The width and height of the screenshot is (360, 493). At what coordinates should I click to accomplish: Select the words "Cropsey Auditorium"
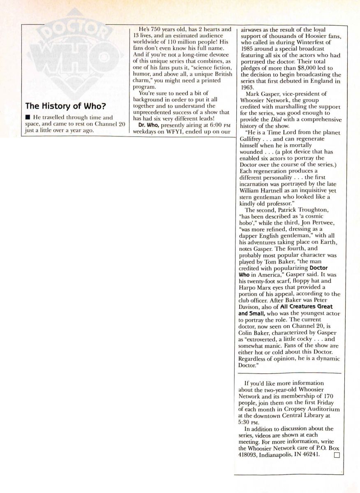(311, 410)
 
